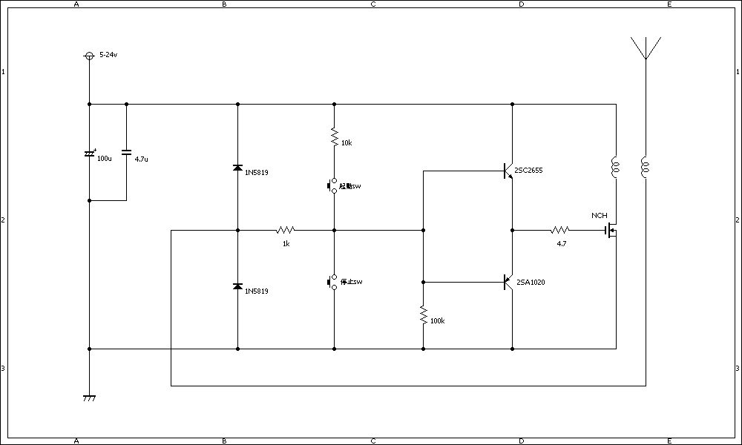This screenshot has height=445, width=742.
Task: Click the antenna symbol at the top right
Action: (x=646, y=47)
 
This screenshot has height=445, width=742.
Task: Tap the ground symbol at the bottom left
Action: (x=89, y=398)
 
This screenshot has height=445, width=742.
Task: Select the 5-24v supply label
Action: (x=108, y=56)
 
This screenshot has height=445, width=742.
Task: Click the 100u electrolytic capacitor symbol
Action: (x=89, y=154)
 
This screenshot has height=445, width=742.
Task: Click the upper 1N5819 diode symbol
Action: (x=237, y=168)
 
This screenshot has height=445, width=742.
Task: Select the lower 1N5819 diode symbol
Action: (x=237, y=286)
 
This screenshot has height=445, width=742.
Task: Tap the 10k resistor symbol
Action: (x=334, y=137)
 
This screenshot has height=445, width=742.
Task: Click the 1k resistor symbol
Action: (x=286, y=230)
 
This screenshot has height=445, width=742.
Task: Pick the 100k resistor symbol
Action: (x=423, y=316)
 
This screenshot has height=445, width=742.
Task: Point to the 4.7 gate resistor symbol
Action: (x=560, y=230)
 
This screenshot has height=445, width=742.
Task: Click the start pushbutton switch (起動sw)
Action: (x=333, y=185)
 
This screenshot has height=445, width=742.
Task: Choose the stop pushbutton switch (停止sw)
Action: (x=333, y=282)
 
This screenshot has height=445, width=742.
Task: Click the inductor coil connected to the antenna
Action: (x=646, y=168)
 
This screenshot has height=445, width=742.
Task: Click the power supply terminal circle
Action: (x=89, y=56)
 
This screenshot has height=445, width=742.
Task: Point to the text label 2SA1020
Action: (x=531, y=282)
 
